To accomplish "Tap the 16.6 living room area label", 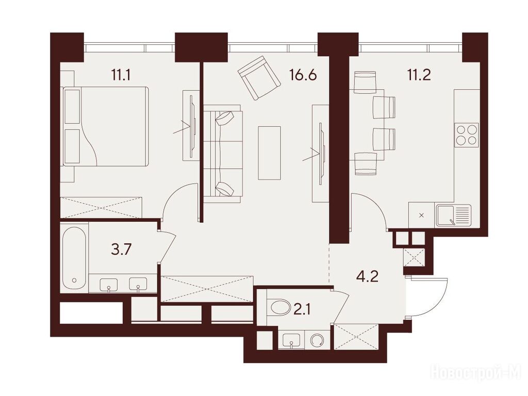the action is point(303,75).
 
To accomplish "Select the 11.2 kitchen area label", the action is point(419,75).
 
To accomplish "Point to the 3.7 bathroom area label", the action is point(121,250).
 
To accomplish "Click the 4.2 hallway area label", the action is point(367,277).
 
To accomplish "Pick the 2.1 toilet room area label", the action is point(302,308).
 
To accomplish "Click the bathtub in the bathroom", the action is point(74,258).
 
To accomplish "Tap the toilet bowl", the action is point(280,307).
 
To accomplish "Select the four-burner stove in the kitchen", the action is point(466,135).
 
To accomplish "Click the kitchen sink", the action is point(453,216).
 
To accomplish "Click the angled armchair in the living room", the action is point(259,78).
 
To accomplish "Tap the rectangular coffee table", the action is point(269,153).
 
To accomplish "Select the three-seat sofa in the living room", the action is point(223,154).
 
